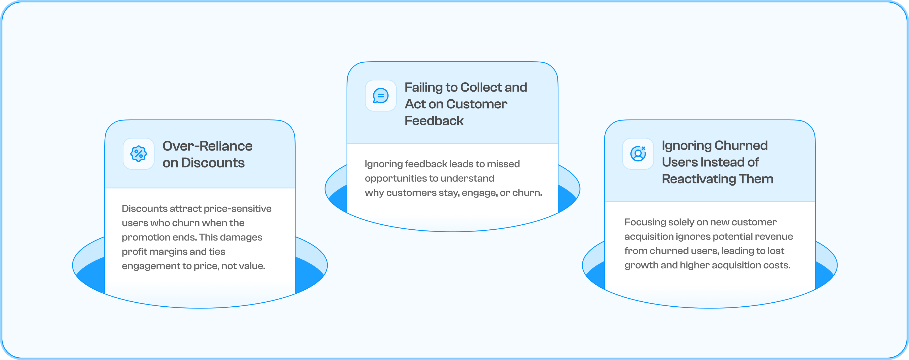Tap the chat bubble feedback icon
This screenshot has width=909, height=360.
coord(381,96)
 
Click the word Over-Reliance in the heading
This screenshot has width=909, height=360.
coord(207,146)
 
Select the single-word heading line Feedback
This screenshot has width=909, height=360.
coord(434,121)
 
